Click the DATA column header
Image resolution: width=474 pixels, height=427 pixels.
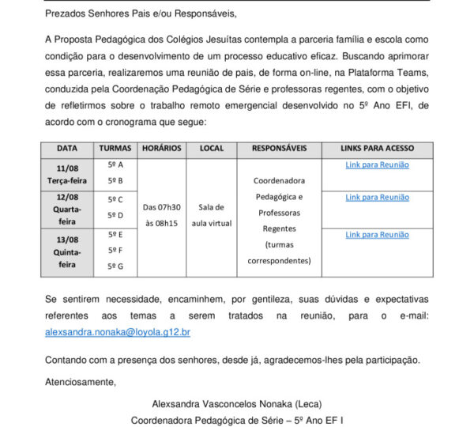tap(67, 149)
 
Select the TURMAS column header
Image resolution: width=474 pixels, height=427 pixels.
tap(115, 149)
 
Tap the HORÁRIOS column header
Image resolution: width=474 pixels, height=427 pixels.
tap(161, 149)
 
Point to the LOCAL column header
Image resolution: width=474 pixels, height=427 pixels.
tap(212, 149)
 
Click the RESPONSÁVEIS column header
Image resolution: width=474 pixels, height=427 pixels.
tap(279, 149)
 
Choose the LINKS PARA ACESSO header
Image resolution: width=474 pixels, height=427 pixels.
tap(377, 149)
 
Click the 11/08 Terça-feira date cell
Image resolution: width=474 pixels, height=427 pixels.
tap(67, 175)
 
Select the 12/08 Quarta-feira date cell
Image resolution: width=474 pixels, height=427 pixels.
tap(67, 209)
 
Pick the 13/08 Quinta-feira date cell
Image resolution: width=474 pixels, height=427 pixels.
tap(67, 252)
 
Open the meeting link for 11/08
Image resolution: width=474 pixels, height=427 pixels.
tap(377, 164)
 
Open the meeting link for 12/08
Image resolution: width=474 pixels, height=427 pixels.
tap(377, 197)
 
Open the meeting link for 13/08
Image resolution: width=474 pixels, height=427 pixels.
tap(377, 235)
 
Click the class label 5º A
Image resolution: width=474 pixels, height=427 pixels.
tap(115, 164)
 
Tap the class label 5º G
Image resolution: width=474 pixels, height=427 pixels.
tap(115, 266)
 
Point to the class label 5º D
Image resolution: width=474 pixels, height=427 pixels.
tap(115, 215)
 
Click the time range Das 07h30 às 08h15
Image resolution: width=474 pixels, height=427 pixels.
tap(161, 215)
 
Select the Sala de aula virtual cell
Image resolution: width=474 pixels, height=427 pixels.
tap(212, 215)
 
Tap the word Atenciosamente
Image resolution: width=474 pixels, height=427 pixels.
tap(81, 383)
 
